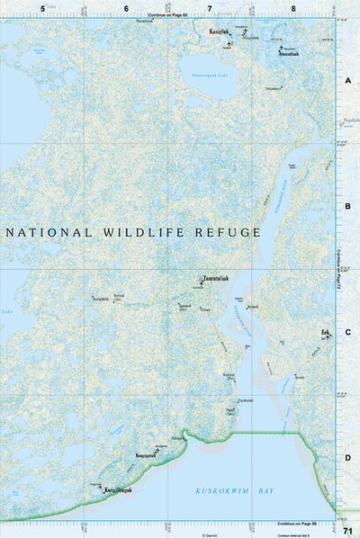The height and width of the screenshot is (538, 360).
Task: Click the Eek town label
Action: [x=325, y=332]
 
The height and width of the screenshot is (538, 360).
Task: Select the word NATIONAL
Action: [x=49, y=232]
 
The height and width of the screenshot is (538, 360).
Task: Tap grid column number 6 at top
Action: [x=125, y=8]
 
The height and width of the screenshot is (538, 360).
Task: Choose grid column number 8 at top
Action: [x=292, y=8]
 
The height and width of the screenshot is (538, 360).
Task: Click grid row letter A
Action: [x=346, y=80]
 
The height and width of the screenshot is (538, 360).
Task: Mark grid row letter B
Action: [x=346, y=206]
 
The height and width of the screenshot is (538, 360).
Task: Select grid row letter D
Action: [x=346, y=458]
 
